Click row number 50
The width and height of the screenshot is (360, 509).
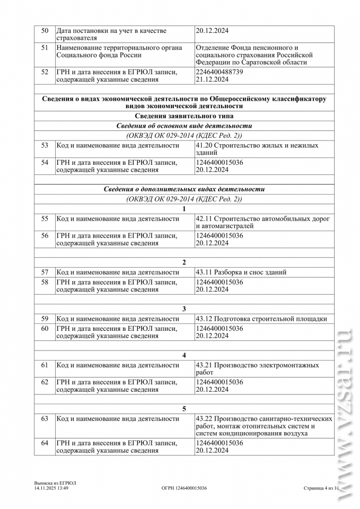tap(45, 31)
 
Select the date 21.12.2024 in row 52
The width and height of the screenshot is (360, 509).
tap(212, 80)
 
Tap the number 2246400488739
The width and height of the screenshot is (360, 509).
tap(219, 72)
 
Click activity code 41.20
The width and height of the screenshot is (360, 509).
tap(204, 145)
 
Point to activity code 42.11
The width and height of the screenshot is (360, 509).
tap(204, 218)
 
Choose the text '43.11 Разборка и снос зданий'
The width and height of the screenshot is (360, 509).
tap(241, 272)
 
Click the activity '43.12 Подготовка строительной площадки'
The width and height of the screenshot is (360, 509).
tap(261, 319)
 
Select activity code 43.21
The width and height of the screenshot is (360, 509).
tap(204, 365)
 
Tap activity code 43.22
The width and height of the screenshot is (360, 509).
tap(204, 418)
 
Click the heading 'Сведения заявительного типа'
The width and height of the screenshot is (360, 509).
tap(184, 116)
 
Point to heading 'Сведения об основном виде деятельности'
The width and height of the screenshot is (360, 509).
tap(184, 126)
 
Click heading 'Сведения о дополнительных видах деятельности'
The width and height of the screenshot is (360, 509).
tap(184, 189)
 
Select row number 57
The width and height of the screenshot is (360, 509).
tap(45, 272)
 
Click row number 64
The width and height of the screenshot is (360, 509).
tap(45, 443)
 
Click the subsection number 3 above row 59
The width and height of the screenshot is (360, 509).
tap(184, 309)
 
